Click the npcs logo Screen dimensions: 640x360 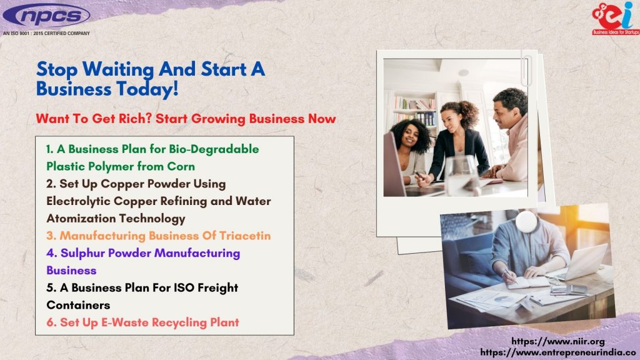tap(46, 16)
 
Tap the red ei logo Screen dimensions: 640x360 tap(615, 18)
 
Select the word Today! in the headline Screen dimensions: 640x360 tap(147, 89)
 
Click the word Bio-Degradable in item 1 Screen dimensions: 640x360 tap(214, 149)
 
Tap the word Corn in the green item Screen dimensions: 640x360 tap(181, 166)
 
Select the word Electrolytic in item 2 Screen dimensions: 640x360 tap(78, 201)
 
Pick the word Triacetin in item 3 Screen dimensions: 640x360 tap(245, 236)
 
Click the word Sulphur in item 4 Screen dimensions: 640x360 tap(82, 254)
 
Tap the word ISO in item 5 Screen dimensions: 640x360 tap(184, 287)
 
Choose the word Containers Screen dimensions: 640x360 tap(78, 305)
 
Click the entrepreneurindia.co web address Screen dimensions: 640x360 tap(558, 352)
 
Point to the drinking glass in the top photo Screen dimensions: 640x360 tap(461, 176)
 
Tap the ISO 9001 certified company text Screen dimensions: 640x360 tap(46, 34)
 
